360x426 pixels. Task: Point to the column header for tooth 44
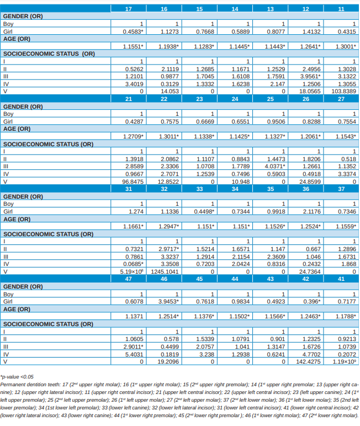tap(235, 279)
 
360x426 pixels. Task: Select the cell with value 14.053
tap(168, 91)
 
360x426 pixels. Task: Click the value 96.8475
tap(133, 181)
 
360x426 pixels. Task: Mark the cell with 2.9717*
tap(167, 249)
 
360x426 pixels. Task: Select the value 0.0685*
tap(133, 264)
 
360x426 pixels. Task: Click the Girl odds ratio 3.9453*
tap(167, 301)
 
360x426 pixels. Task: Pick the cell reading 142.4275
tap(308, 361)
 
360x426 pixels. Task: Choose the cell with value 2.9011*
tap(133, 346)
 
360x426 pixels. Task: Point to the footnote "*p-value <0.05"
tap(17, 376)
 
